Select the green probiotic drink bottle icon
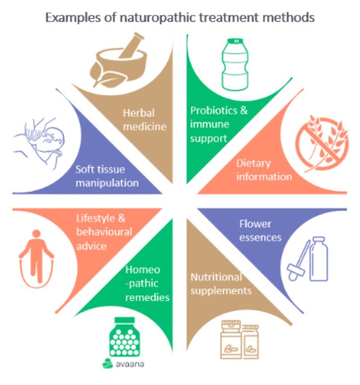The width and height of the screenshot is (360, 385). (235, 64)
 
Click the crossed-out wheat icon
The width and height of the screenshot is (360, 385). (322, 143)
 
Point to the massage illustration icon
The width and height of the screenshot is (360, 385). (39, 142)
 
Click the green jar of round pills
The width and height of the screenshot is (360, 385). (124, 337)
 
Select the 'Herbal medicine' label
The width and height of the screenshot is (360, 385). (144, 120)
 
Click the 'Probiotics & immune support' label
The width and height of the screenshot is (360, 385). (219, 125)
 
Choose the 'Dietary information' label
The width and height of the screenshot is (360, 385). (264, 170)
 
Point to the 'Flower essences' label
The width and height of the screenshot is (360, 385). (260, 231)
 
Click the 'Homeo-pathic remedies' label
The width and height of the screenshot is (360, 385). (147, 284)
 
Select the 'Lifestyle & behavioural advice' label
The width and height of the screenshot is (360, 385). (104, 232)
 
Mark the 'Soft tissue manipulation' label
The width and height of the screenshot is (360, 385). (107, 176)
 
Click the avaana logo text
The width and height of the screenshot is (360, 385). (130, 364)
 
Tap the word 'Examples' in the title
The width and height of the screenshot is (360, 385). (73, 18)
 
